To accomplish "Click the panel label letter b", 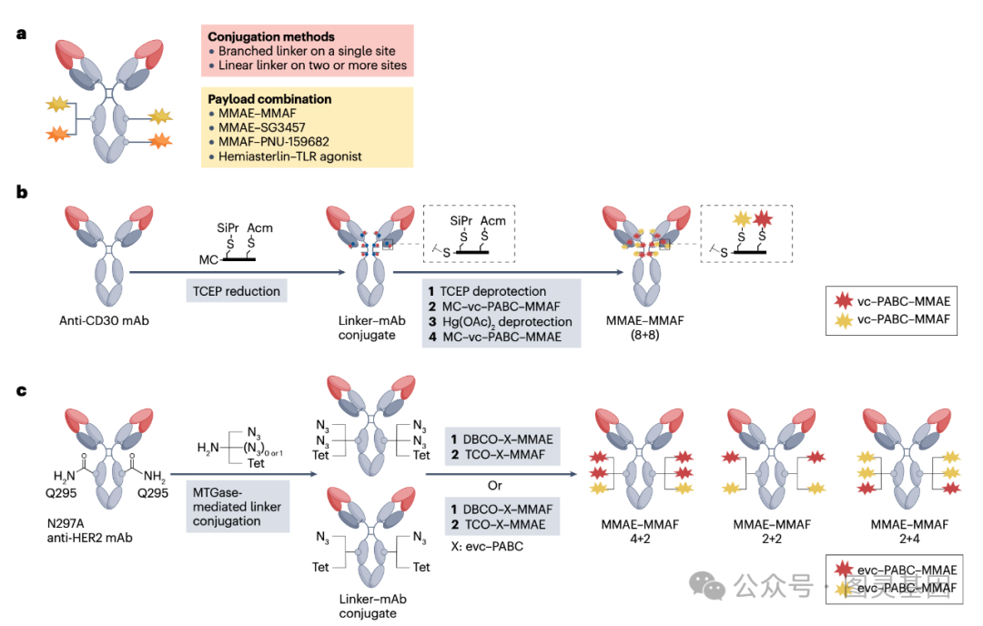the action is coord(22,192).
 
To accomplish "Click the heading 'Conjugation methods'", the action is coord(271,36).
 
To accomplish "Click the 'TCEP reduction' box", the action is coord(237,291).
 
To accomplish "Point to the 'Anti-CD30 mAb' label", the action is coord(104,321).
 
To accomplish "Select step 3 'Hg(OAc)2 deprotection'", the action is coord(501,321).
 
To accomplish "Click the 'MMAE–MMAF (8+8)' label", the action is coord(644,328).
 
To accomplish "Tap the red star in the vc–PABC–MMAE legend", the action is coord(844,301).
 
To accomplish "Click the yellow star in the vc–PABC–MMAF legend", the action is coord(844,320).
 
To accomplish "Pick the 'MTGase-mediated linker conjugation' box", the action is coord(238,506).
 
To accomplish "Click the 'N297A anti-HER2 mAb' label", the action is coord(89,530).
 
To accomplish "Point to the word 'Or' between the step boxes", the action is coord(494,486).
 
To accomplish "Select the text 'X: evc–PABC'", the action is coord(487,547).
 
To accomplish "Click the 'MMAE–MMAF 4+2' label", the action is coord(640,531).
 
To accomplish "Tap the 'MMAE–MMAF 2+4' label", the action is coord(909,531).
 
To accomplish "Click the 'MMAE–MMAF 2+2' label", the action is coord(772,531).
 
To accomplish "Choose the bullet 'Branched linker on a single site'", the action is coord(307,51).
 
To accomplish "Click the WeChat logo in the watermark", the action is coord(707,585).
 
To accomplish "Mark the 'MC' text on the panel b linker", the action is coord(208,259).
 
